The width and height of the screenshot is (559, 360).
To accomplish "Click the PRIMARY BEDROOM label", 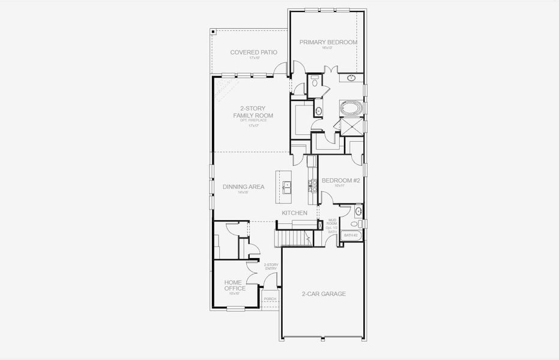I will (x=328, y=43).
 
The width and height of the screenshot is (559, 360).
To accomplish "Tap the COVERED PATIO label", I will (x=253, y=52).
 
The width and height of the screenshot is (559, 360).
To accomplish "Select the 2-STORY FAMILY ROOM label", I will (x=253, y=112).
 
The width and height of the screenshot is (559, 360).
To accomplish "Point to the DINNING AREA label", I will (x=243, y=187).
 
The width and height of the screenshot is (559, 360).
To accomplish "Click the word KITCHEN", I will (x=295, y=213).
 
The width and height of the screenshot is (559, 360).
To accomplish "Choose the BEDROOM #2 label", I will (x=340, y=180).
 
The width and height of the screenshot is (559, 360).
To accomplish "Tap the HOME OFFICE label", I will (x=235, y=285).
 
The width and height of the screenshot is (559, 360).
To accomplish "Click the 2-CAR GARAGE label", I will (x=324, y=294).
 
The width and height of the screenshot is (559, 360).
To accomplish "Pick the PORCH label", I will (x=270, y=299).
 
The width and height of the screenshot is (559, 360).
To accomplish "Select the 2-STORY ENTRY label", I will (x=271, y=266).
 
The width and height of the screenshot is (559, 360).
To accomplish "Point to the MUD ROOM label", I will (x=331, y=223).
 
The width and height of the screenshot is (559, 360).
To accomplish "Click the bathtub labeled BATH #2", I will (x=351, y=236).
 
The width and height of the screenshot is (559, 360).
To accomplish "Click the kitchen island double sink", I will (x=287, y=187).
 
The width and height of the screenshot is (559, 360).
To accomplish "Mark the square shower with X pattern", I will (x=350, y=127).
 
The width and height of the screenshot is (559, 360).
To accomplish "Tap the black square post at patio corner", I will (x=213, y=33).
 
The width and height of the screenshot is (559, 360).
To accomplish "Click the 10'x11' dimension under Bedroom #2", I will (x=340, y=186).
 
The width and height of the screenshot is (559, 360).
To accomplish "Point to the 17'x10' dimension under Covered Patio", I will (x=253, y=58).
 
